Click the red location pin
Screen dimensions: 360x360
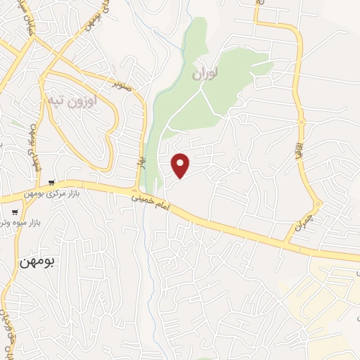click(x=181, y=165)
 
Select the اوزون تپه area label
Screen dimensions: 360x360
click(x=74, y=101)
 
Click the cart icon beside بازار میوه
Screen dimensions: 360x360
click(x=15, y=212)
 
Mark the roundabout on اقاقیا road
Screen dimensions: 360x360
click(x=302, y=122)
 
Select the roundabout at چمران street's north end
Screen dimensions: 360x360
click(x=318, y=205)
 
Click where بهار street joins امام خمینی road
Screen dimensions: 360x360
click(x=136, y=190)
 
